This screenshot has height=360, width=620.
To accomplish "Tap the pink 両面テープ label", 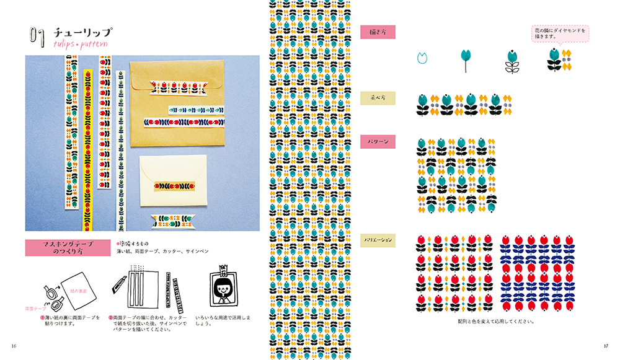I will pos(35,308).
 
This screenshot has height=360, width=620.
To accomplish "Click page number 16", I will pos(13,345).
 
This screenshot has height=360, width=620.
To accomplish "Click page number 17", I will pos(606,345).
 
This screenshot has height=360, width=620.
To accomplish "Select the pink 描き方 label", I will pos(378,32).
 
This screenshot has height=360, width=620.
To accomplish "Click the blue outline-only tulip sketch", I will pos(423,58).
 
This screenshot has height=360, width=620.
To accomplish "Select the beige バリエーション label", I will pos(378,239).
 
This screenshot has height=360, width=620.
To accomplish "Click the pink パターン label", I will pos(378,141).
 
